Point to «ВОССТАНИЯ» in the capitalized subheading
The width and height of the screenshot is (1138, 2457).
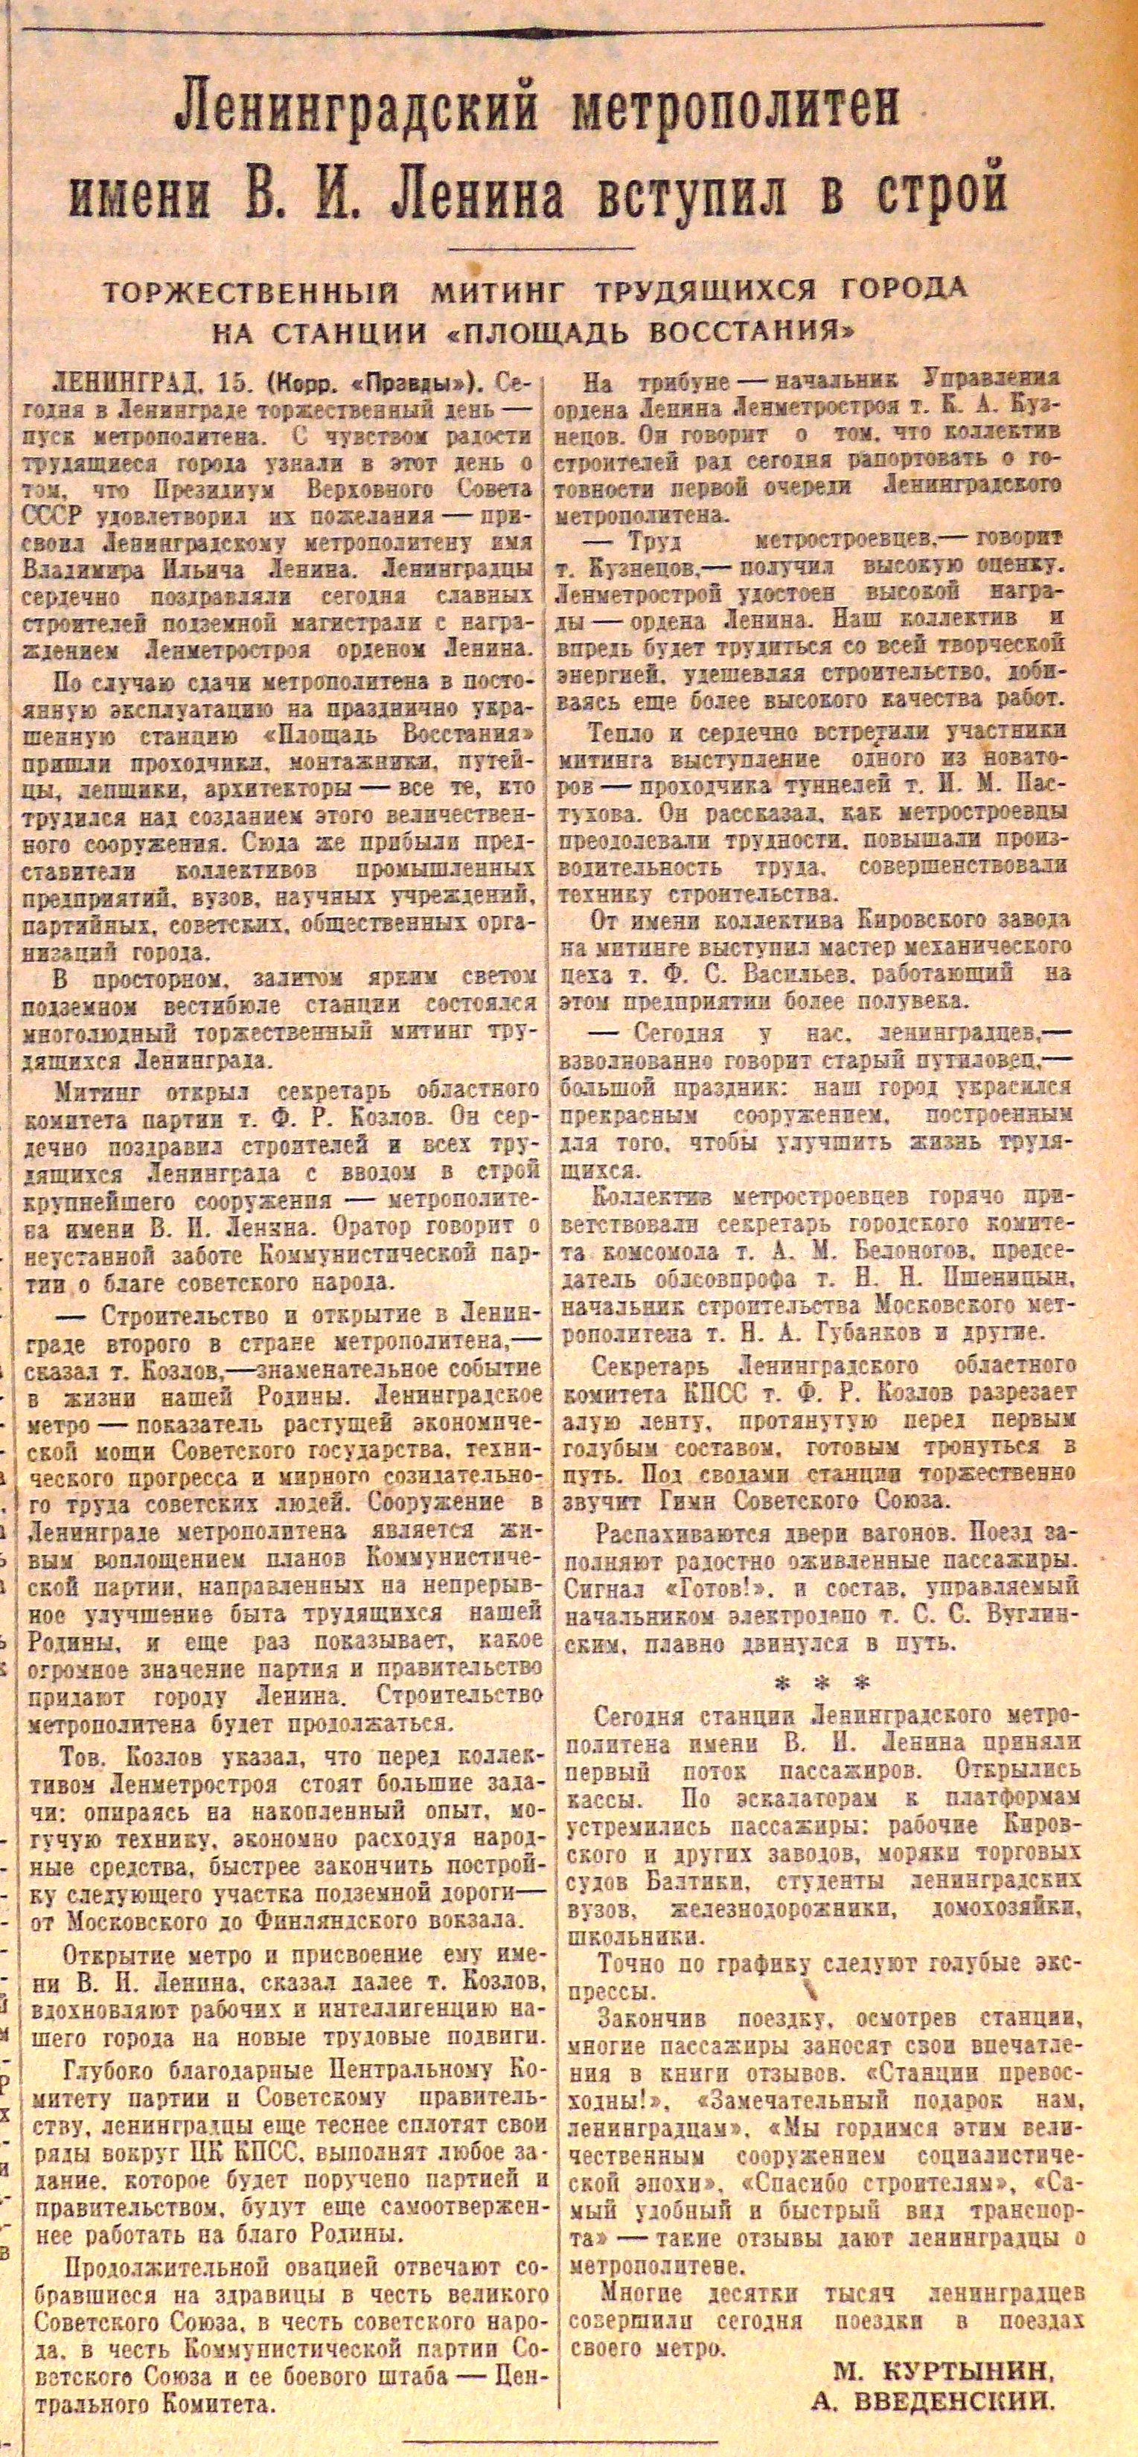point(753,334)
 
